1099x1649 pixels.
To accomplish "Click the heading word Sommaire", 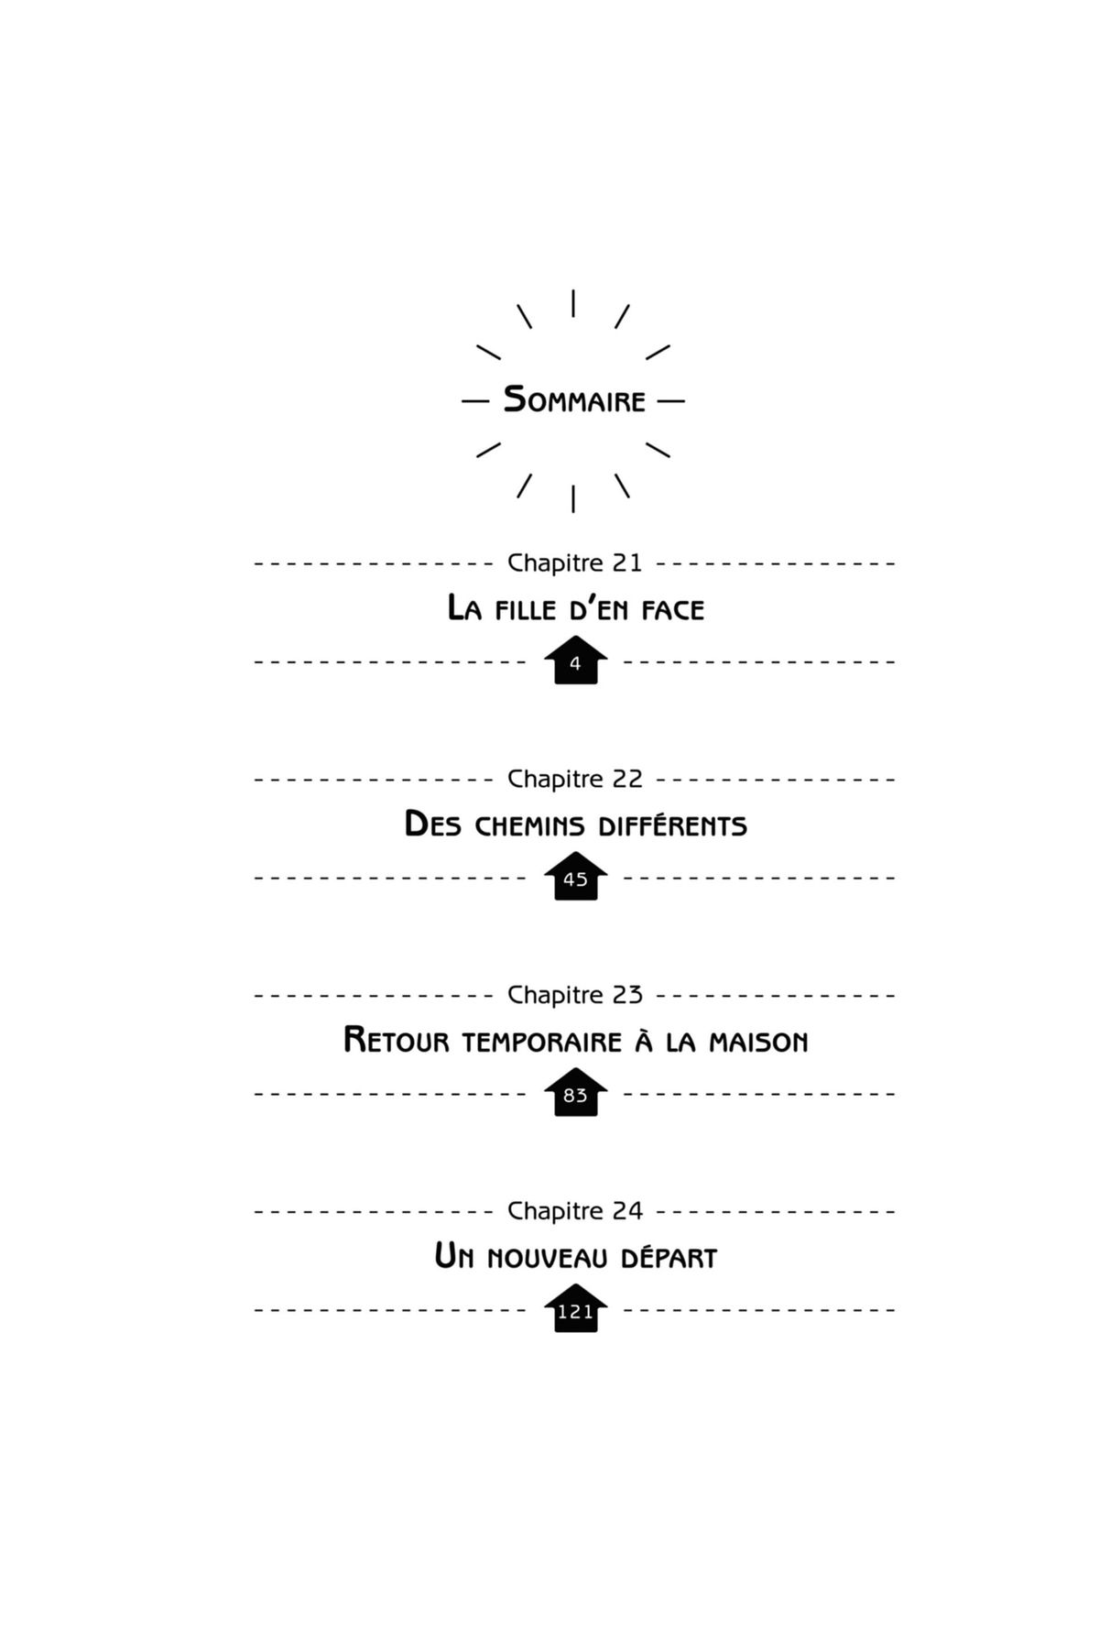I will pyautogui.click(x=574, y=400).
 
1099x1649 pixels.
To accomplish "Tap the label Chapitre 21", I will pyautogui.click(x=575, y=562).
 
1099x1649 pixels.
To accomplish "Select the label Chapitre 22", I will pyautogui.click(x=575, y=779).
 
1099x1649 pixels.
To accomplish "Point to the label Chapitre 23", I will pyautogui.click(x=575, y=995).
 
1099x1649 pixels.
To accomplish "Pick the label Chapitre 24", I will pyautogui.click(x=575, y=1211).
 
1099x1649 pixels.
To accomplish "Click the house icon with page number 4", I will pyautogui.click(x=575, y=661).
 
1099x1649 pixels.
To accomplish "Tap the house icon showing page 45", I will pyautogui.click(x=575, y=878).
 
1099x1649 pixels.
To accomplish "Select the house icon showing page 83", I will pyautogui.click(x=575, y=1094).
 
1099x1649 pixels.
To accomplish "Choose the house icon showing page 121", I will pyautogui.click(x=575, y=1310).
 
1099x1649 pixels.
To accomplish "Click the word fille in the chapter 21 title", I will pyautogui.click(x=525, y=610).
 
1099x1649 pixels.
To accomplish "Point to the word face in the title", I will pyautogui.click(x=672, y=610).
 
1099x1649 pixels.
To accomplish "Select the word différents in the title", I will pyautogui.click(x=672, y=826).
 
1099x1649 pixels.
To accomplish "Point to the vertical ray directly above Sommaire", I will pyautogui.click(x=573, y=303).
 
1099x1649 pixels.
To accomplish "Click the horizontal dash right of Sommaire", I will pyautogui.click(x=670, y=401).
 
